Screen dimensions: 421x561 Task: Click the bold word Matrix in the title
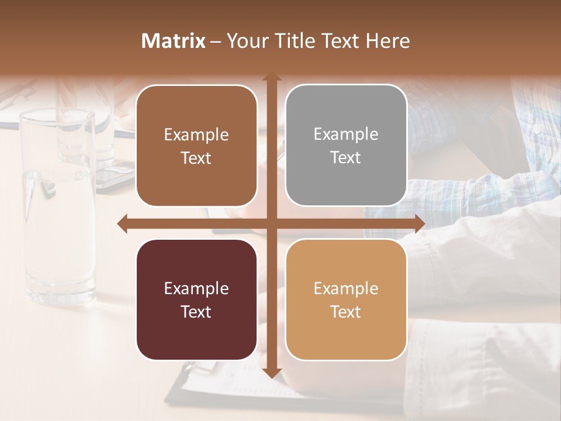pyautogui.click(x=173, y=41)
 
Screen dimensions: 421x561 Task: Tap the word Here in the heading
pyautogui.click(x=387, y=41)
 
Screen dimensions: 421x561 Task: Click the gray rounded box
pyautogui.click(x=346, y=146)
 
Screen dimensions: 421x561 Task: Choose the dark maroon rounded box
pyautogui.click(x=196, y=299)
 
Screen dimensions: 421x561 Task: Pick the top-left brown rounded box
pyautogui.click(x=196, y=146)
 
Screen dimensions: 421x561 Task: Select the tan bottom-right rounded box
pyautogui.click(x=346, y=299)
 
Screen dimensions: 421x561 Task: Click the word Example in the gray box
pyautogui.click(x=346, y=134)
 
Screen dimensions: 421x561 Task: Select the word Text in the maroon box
pyautogui.click(x=196, y=312)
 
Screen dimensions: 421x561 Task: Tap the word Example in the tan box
pyautogui.click(x=346, y=288)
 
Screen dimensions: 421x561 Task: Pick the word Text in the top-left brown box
pyautogui.click(x=196, y=158)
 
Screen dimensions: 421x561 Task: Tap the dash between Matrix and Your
pyautogui.click(x=216, y=42)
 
